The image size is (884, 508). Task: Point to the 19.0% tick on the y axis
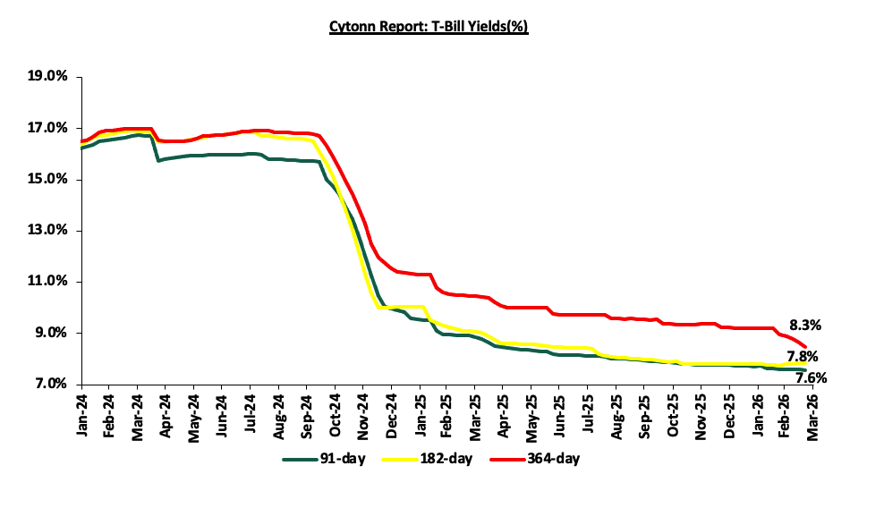tap(49, 78)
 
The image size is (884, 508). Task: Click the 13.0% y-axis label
tap(49, 231)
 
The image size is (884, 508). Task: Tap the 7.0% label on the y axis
tap(52, 384)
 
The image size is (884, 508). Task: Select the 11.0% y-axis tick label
tap(49, 282)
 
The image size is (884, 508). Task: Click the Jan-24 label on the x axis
tap(81, 414)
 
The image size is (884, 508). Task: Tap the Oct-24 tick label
tap(334, 414)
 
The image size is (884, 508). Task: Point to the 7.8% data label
tap(803, 357)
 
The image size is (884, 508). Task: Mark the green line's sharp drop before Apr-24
tap(155, 148)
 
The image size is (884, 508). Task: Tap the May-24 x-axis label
tap(193, 414)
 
